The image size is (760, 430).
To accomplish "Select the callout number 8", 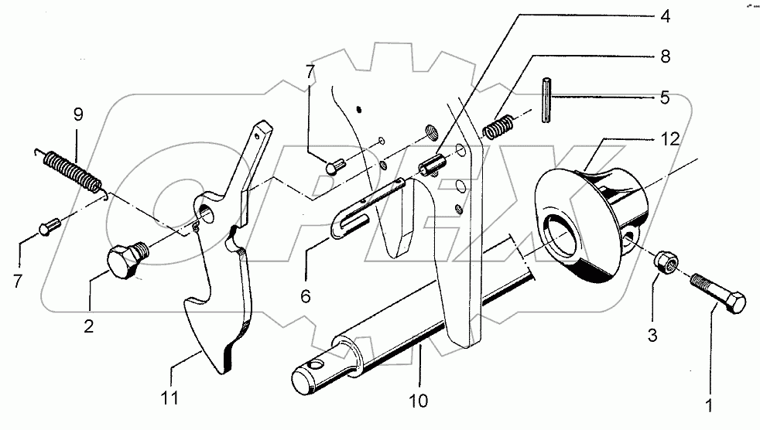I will pyautogui.click(x=665, y=56).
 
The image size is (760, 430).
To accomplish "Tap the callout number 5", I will pyautogui.click(x=665, y=98).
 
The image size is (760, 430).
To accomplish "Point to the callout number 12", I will pyautogui.click(x=669, y=140).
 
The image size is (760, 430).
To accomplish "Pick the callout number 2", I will pyautogui.click(x=88, y=326).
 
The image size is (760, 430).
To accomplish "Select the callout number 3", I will pyautogui.click(x=653, y=336).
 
